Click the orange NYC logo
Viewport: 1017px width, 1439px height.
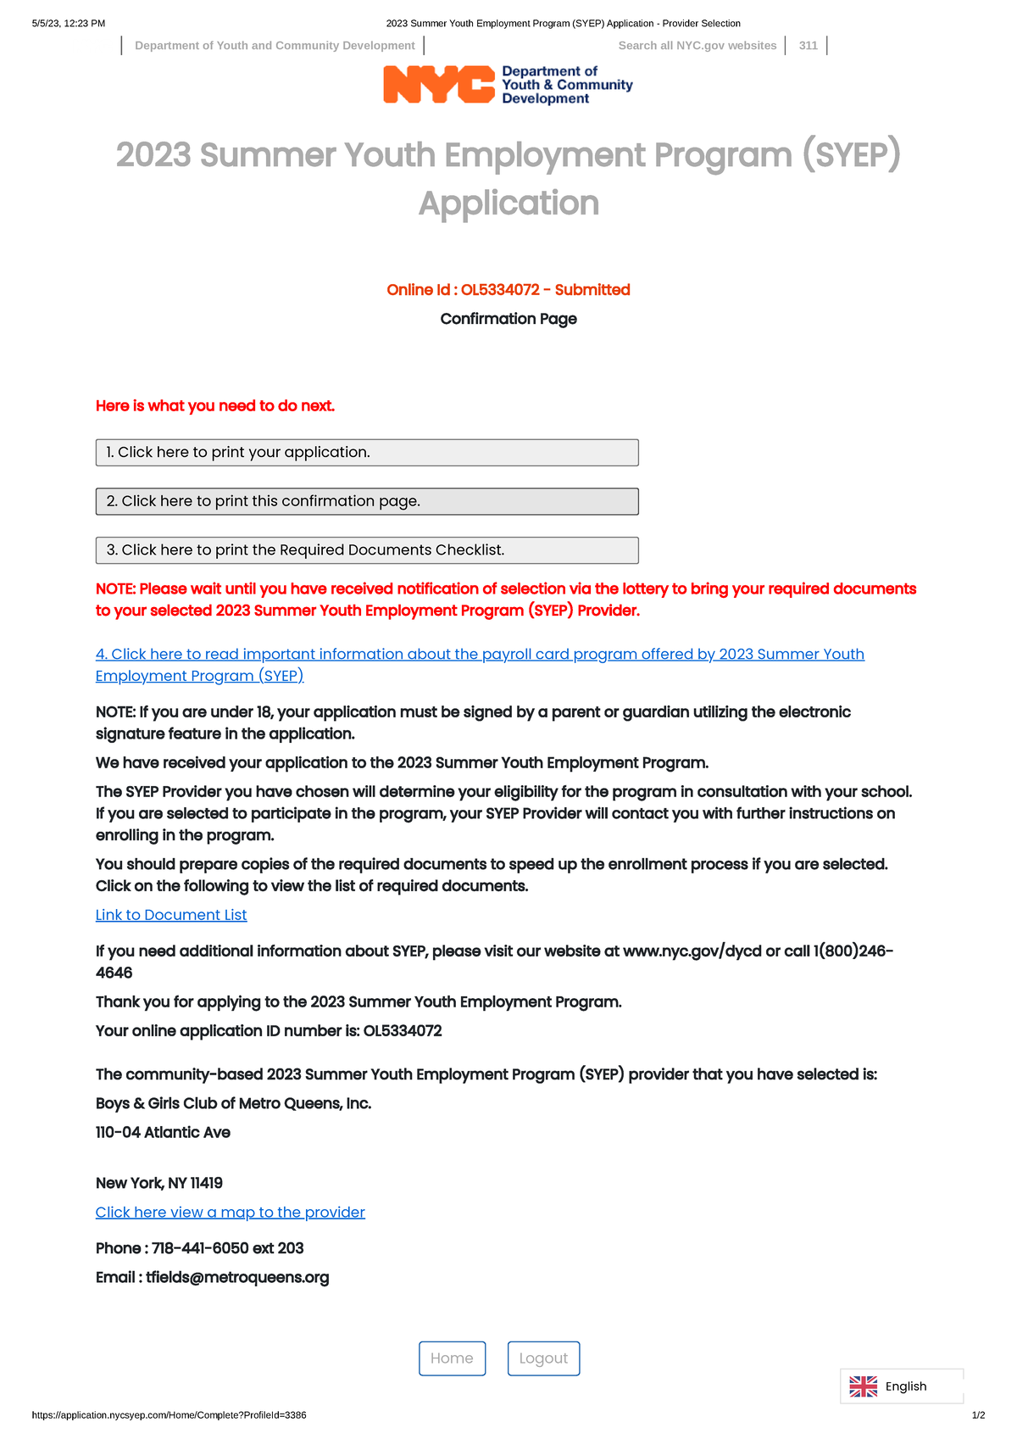438,85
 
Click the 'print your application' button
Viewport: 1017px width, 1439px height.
367,453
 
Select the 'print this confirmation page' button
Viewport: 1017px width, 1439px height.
367,501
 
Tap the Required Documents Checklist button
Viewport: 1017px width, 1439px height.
367,550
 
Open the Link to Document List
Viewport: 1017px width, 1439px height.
171,915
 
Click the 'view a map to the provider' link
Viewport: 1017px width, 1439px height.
230,1213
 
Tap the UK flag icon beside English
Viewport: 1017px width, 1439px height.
864,1386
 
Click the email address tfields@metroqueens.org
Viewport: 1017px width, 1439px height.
237,1278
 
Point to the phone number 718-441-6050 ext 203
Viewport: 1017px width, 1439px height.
227,1248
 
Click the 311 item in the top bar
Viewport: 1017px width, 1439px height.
808,46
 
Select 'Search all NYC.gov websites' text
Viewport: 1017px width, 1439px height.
697,46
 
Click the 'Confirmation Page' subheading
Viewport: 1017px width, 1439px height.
508,319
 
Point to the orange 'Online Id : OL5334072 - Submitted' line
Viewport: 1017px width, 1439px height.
508,290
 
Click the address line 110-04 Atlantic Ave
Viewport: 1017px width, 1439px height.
163,1133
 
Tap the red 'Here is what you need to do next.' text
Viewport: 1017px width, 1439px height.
215,406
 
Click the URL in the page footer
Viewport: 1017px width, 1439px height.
169,1415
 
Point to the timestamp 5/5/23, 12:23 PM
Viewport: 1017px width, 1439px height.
69,24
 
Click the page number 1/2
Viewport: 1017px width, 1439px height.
978,1415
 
